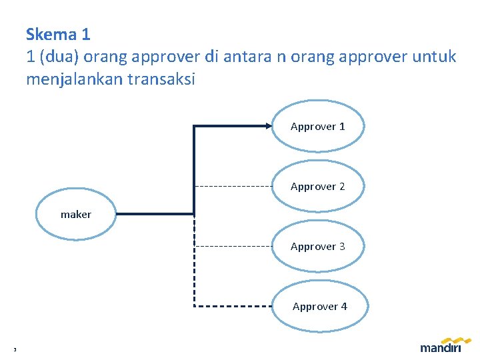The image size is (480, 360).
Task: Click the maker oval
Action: [x=76, y=214]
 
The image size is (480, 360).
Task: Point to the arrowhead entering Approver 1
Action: [x=267, y=125]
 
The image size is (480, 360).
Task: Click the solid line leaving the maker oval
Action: [x=153, y=214]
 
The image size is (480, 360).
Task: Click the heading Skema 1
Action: [x=58, y=34]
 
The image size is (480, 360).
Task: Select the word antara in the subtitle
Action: [x=247, y=57]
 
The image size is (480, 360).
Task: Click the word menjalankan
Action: [x=73, y=79]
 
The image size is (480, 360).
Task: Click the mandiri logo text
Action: [x=441, y=347]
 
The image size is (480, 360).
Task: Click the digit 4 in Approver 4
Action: [x=344, y=307]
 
